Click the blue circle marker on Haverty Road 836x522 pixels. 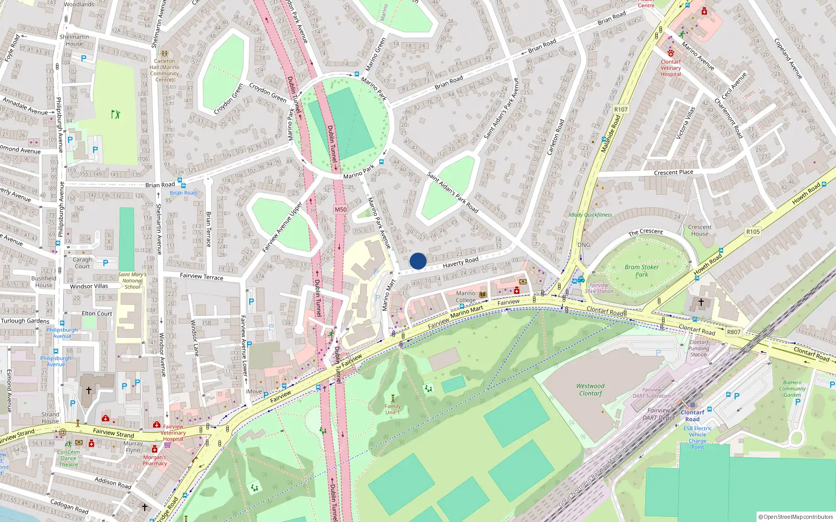[x=418, y=261]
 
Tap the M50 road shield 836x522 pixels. [x=341, y=209]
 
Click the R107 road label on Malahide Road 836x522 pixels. [x=621, y=110]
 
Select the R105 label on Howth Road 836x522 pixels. [x=753, y=232]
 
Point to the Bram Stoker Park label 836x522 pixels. [x=642, y=270]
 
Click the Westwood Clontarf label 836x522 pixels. [x=590, y=390]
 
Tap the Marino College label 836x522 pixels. [x=466, y=296]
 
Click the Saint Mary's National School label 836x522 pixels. [x=132, y=281]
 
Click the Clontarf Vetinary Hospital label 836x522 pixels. [x=671, y=68]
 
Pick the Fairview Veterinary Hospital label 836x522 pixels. [x=173, y=433]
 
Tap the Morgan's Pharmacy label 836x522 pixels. [x=155, y=460]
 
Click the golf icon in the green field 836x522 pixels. [x=115, y=114]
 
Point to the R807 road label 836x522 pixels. [x=734, y=332]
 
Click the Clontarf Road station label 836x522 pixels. [x=692, y=416]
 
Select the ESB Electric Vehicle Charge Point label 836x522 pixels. [x=698, y=437]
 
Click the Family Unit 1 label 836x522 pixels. [x=392, y=409]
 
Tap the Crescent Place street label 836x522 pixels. [x=674, y=172]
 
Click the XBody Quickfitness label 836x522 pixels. [x=590, y=215]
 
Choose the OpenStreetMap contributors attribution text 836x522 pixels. [x=796, y=517]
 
